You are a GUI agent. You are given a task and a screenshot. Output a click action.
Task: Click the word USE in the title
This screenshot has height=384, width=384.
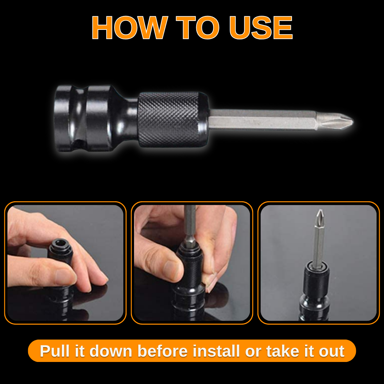coord(261,28)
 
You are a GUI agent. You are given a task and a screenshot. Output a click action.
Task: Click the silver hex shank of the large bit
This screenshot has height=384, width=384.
coord(263,120)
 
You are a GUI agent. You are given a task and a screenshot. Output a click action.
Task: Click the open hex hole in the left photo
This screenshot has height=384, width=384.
coord(60,244)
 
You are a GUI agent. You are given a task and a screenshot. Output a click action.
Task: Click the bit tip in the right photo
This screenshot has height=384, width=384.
coord(320,215)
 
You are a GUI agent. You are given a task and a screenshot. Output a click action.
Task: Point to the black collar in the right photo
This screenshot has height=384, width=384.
coord(316,281)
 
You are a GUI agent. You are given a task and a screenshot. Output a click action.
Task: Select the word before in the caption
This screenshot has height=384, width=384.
coord(162,351)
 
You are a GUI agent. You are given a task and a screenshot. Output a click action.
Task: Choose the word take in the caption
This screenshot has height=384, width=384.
coord(278,351)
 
